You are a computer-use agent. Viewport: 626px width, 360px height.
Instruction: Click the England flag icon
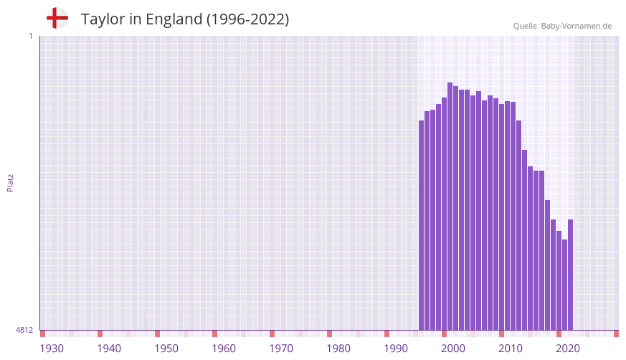click(x=57, y=18)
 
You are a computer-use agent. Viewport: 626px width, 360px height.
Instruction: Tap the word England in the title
click(x=174, y=19)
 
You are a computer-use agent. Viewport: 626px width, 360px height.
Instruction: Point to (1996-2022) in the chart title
click(x=248, y=19)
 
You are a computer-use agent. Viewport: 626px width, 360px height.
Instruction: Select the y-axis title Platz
click(x=10, y=183)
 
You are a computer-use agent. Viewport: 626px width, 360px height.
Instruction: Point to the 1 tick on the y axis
click(x=30, y=36)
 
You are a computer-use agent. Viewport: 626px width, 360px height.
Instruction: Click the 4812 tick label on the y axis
click(x=24, y=331)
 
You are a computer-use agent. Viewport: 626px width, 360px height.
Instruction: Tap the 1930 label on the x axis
click(x=52, y=349)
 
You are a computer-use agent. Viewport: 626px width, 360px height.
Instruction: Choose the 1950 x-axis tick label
click(x=166, y=349)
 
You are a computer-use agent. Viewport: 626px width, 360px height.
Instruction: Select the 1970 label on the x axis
click(x=281, y=349)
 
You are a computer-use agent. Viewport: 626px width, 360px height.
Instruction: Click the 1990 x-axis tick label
click(x=396, y=349)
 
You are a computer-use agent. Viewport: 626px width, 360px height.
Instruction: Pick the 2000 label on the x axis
click(x=453, y=349)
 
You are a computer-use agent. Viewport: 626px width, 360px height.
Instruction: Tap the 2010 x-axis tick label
click(x=511, y=349)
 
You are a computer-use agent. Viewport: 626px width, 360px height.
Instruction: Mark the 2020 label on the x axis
click(x=568, y=349)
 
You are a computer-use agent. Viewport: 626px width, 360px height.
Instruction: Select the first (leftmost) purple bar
click(x=421, y=225)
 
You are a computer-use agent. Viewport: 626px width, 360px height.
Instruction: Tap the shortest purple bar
click(x=564, y=285)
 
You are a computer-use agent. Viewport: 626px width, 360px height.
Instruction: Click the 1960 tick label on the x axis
click(x=224, y=349)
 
